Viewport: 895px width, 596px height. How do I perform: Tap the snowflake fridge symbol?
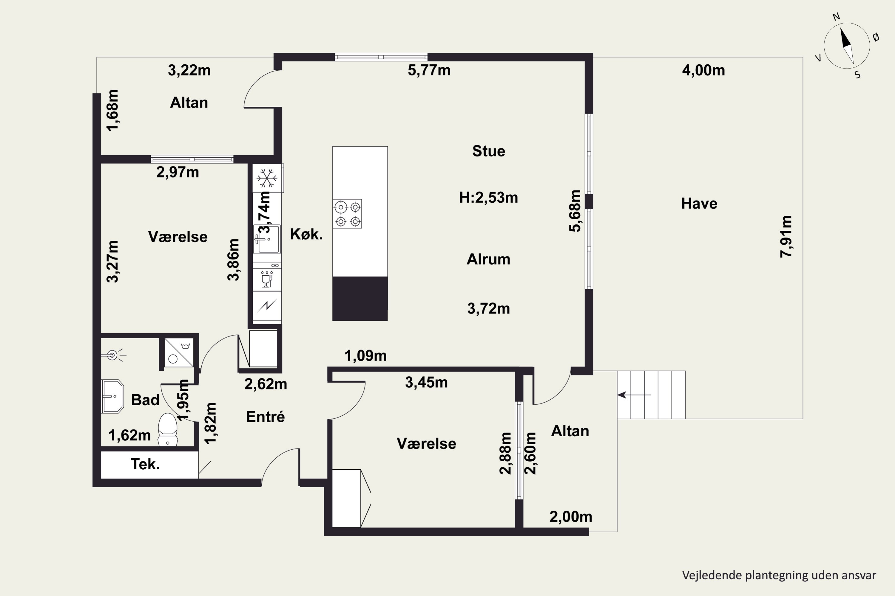pyautogui.click(x=266, y=179)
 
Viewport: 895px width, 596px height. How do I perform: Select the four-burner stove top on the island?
pyautogui.click(x=347, y=214)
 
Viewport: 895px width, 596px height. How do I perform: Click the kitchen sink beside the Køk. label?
pyautogui.click(x=267, y=239)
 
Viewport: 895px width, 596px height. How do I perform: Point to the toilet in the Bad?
pyautogui.click(x=167, y=429)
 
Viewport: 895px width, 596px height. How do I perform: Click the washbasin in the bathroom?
pyautogui.click(x=112, y=396)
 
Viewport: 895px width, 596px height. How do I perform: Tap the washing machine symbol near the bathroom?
pyautogui.click(x=179, y=353)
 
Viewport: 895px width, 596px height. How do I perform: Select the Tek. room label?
pyautogui.click(x=145, y=464)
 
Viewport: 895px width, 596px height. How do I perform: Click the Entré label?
pyautogui.click(x=265, y=417)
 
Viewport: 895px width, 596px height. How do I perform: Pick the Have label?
pyautogui.click(x=699, y=203)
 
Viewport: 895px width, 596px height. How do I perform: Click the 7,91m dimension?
pyautogui.click(x=786, y=236)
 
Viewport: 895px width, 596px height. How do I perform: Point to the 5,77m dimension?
pyautogui.click(x=429, y=70)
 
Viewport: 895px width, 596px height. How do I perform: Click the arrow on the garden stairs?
pyautogui.click(x=634, y=395)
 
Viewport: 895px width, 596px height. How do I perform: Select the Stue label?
pyautogui.click(x=489, y=151)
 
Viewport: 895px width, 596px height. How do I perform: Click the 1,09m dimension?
pyautogui.click(x=365, y=356)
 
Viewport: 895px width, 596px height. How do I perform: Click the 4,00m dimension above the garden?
pyautogui.click(x=703, y=70)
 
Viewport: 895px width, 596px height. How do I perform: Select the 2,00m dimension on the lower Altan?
pyautogui.click(x=571, y=516)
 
